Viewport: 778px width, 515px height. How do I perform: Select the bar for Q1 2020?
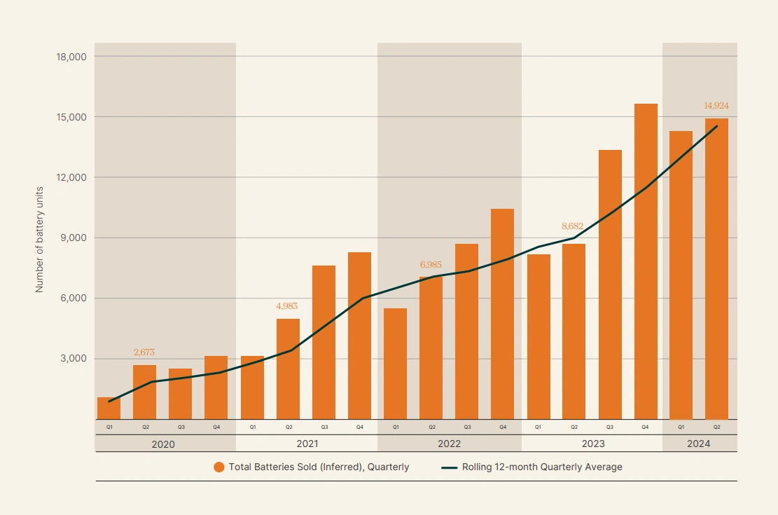(109, 408)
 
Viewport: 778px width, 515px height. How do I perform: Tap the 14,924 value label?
(716, 106)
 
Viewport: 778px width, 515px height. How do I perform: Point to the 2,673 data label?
(145, 352)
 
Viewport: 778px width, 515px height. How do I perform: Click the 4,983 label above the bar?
(288, 306)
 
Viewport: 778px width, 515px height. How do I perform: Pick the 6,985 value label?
(431, 265)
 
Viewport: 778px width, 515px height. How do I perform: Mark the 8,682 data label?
(574, 226)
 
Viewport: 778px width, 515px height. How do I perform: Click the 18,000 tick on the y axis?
(71, 56)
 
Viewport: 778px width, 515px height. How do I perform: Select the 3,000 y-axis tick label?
(74, 359)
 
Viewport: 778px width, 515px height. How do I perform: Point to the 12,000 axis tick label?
(71, 177)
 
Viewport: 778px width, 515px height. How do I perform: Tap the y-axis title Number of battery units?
(40, 238)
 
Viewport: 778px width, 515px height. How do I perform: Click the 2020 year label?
(163, 444)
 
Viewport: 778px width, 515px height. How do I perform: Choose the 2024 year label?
(698, 444)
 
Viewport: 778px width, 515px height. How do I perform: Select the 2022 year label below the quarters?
(449, 444)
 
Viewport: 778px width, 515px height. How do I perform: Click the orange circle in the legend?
(219, 467)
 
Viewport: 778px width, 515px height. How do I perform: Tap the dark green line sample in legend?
(449, 467)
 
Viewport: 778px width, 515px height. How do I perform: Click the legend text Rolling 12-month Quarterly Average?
(542, 467)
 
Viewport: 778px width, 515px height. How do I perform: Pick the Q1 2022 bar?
(395, 364)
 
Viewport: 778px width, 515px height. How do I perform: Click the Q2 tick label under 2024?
(716, 426)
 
